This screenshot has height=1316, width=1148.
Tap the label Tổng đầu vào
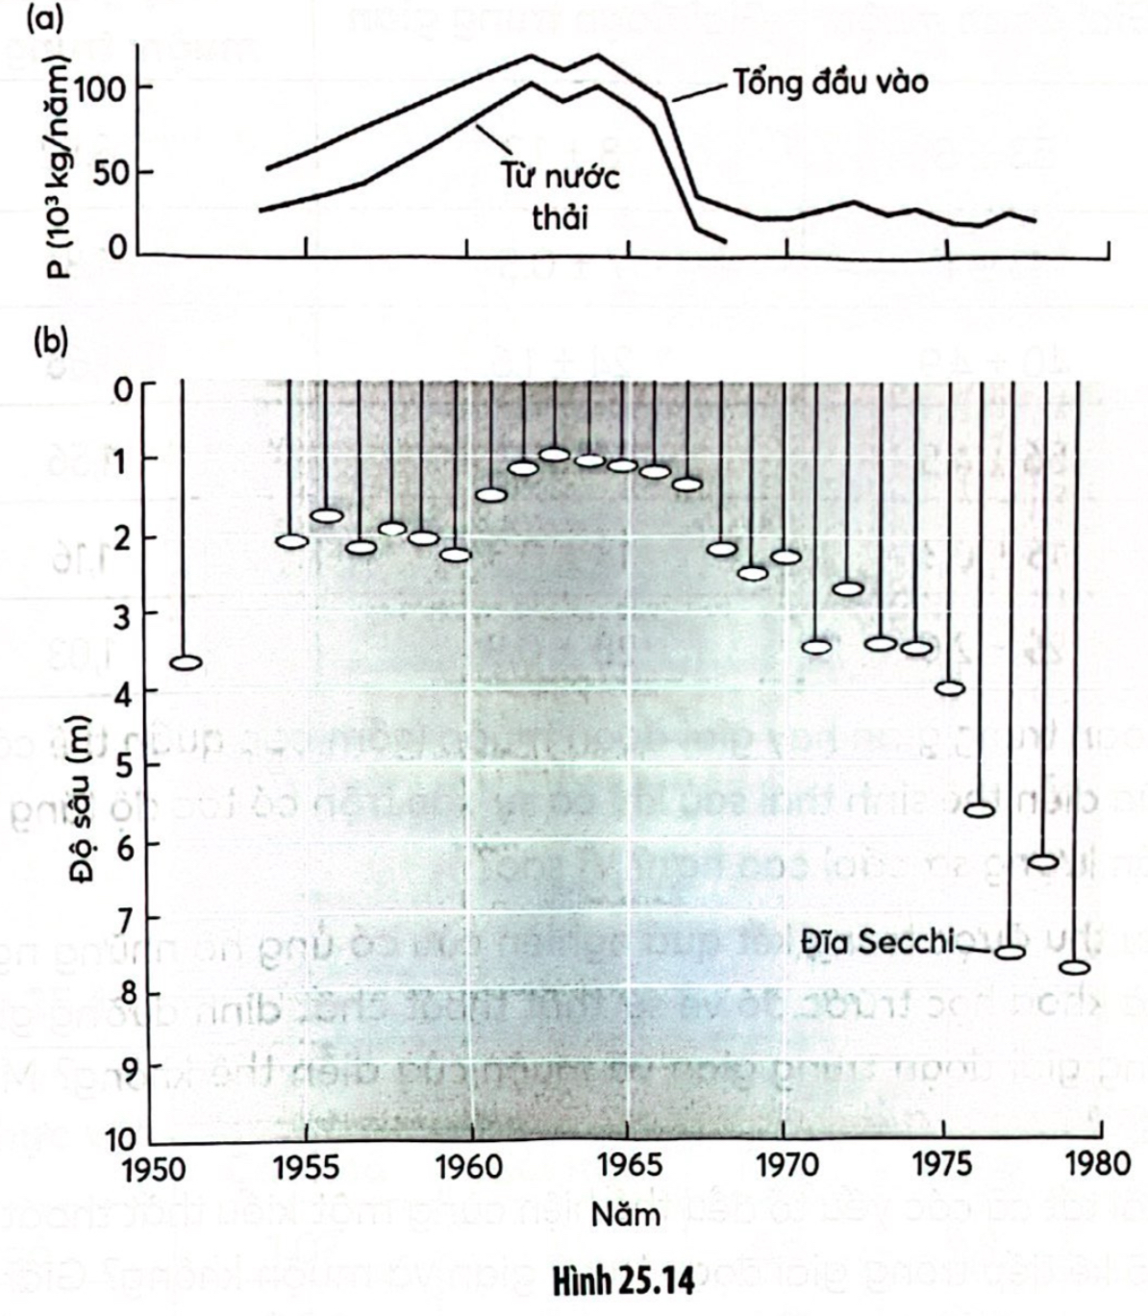tap(831, 83)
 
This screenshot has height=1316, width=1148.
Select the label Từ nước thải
tap(560, 196)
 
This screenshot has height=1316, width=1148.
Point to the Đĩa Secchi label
tap(877, 942)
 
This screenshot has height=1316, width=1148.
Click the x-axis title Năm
tap(625, 1213)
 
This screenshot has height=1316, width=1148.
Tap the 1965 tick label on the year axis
tap(627, 1166)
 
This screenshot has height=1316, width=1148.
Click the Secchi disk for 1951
tap(186, 662)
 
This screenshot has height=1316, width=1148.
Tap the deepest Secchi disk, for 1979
tap(1075, 967)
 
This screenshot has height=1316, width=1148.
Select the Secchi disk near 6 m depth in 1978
tap(1043, 861)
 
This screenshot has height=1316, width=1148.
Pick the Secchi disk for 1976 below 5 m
tap(979, 809)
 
